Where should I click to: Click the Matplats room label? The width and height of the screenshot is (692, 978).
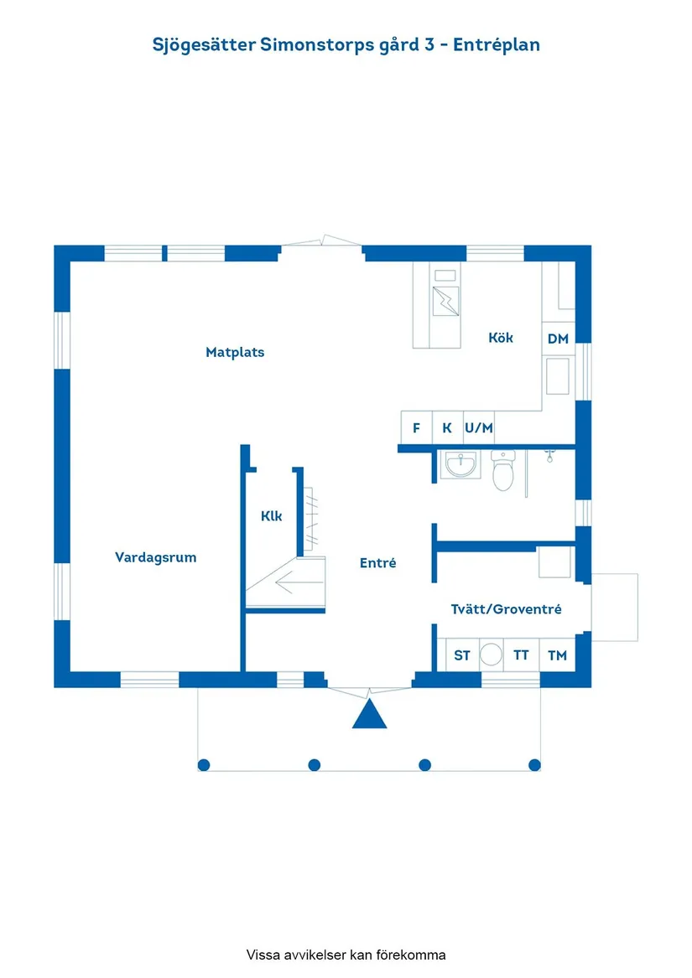tap(235, 352)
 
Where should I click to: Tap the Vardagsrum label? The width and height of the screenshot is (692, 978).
tap(155, 557)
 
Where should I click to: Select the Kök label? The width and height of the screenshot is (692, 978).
tap(501, 338)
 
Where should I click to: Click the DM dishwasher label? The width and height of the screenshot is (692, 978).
tap(558, 339)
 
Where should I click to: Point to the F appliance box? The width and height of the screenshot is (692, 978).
tap(416, 427)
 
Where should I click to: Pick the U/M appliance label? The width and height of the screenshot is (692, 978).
tap(479, 427)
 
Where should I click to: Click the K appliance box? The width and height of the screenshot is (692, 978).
tap(447, 427)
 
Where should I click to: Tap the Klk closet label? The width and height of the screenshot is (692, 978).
tap(271, 516)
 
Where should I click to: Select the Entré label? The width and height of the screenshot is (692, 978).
tap(377, 563)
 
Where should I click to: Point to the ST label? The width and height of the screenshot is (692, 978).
tap(462, 655)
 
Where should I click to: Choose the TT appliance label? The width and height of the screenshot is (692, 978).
tap(521, 655)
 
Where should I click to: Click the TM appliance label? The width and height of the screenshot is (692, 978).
tap(557, 655)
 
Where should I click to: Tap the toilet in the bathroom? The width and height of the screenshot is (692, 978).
tap(502, 472)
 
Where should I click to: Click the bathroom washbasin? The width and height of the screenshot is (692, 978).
tap(460, 464)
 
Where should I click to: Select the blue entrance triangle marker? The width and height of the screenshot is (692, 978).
tap(368, 715)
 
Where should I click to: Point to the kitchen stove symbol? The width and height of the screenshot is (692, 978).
tap(445, 300)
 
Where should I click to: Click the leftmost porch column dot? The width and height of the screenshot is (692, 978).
tap(204, 764)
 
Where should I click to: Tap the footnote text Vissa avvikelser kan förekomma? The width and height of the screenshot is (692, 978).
tap(346, 955)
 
